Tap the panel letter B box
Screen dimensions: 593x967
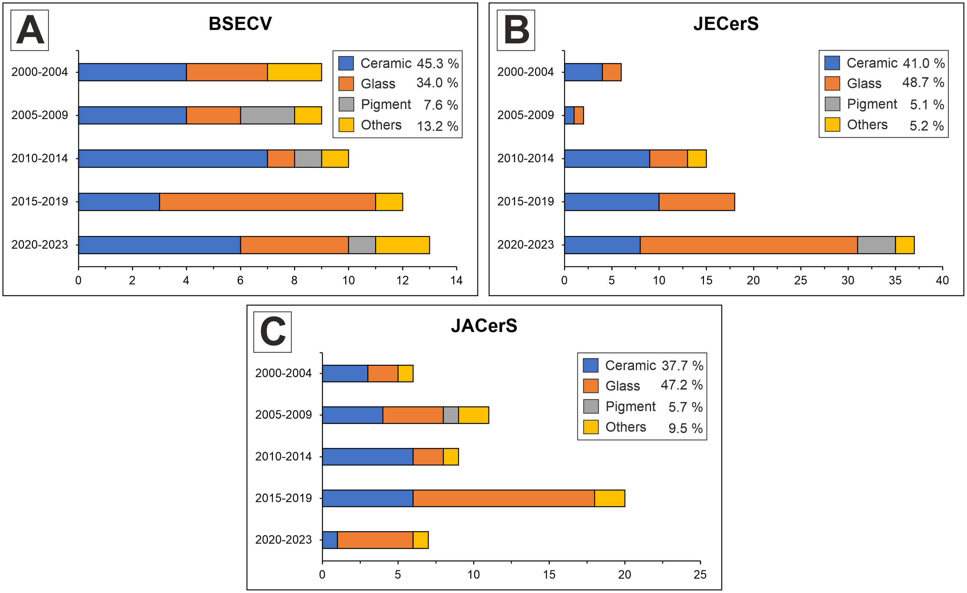(x=516, y=30)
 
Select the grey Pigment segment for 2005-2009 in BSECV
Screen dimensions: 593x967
(x=267, y=116)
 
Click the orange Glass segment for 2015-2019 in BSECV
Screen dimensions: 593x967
(x=267, y=202)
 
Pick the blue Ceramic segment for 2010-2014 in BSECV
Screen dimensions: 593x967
(x=173, y=158)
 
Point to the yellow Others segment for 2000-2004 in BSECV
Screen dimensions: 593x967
(x=294, y=72)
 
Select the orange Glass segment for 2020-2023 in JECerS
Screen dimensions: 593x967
(x=748, y=245)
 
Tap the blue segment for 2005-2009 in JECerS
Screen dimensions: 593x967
(x=569, y=116)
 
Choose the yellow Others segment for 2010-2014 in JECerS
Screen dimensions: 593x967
(x=697, y=158)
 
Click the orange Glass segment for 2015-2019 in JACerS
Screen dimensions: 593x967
(x=504, y=498)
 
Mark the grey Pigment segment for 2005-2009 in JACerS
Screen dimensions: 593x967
(x=451, y=415)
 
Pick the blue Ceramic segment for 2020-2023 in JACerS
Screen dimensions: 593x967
(x=330, y=540)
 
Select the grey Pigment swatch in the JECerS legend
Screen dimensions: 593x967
(x=832, y=104)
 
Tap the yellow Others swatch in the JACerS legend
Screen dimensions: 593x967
(x=590, y=427)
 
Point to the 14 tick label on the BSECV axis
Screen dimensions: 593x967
(x=456, y=280)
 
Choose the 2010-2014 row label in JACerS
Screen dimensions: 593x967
(x=284, y=456)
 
